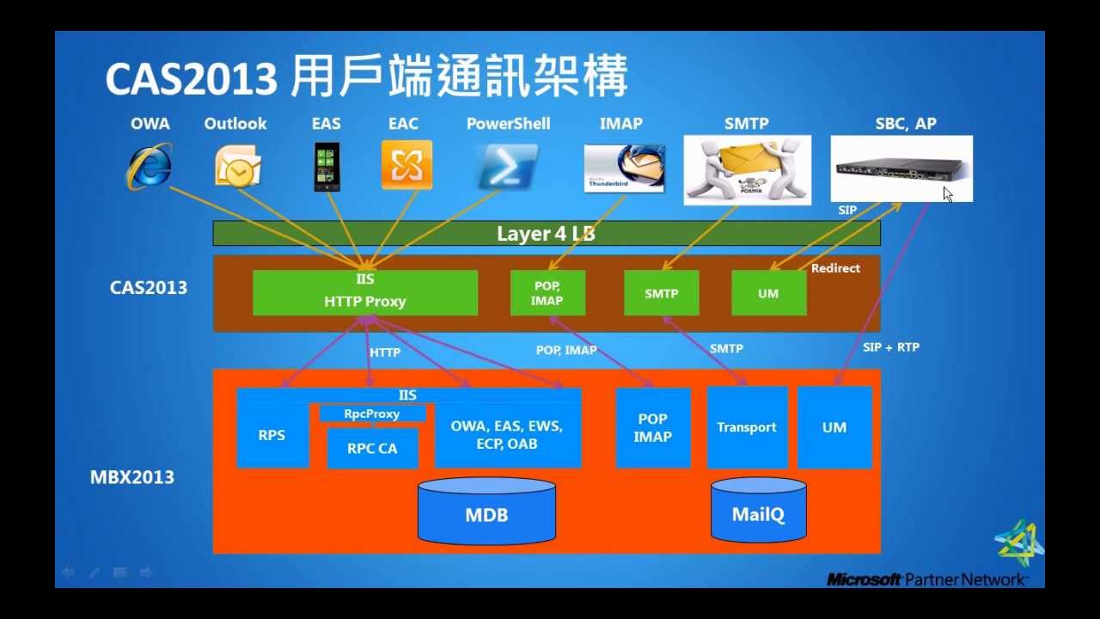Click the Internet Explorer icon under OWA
click(x=150, y=166)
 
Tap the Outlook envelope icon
click(x=237, y=166)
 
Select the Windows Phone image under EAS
click(x=327, y=167)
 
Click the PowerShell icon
click(x=508, y=166)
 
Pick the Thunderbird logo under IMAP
click(x=624, y=168)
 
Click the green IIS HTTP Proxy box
click(x=364, y=292)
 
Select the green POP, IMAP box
click(x=547, y=293)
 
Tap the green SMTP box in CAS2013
click(x=661, y=293)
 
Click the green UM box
click(x=768, y=293)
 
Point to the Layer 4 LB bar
click(x=546, y=234)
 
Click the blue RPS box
click(x=272, y=436)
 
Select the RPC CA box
click(x=372, y=448)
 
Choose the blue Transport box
click(x=746, y=427)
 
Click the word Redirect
click(x=834, y=268)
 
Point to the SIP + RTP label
click(x=890, y=347)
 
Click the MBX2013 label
click(x=132, y=477)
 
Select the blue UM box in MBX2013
click(x=834, y=427)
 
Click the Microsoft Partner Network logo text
click(x=926, y=579)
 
